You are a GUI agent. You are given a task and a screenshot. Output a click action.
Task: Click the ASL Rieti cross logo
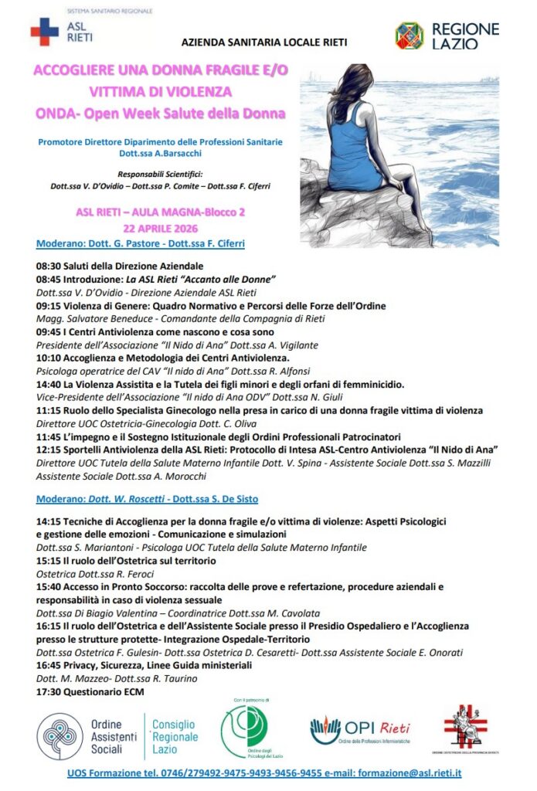click(44, 32)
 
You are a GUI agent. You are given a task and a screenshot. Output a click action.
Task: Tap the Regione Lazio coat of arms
click(409, 36)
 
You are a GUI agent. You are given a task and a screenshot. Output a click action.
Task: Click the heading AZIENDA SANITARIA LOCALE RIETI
click(263, 42)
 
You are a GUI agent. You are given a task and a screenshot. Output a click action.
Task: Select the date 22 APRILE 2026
click(161, 228)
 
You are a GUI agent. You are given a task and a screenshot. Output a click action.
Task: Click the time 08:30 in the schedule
click(49, 266)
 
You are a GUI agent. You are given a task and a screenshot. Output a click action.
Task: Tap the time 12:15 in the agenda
click(49, 450)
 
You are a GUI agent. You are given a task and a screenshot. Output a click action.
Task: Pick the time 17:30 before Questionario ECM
click(49, 692)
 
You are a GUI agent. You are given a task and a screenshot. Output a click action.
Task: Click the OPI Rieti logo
click(360, 731)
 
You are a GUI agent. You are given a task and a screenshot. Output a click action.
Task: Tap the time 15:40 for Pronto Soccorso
click(49, 587)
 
